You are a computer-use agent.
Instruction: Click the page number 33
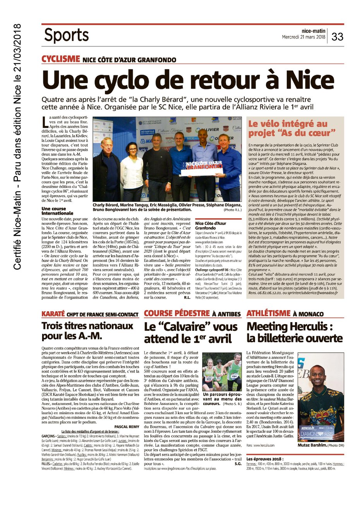tap(337, 36)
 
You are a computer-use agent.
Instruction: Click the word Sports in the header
tap(66, 35)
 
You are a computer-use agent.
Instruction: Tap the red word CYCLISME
tap(60, 59)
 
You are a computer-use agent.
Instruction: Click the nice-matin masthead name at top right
tap(313, 31)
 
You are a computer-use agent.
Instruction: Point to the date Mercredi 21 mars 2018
tap(303, 38)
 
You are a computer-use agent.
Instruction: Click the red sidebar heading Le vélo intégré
tap(288, 124)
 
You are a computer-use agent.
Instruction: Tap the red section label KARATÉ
tap(53, 314)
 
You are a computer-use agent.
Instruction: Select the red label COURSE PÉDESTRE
tap(177, 313)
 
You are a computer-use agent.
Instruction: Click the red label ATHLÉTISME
tap(269, 313)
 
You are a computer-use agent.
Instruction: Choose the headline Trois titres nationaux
tap(87, 326)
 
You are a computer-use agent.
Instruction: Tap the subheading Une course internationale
tap(57, 211)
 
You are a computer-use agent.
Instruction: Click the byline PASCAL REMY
tap(126, 427)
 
